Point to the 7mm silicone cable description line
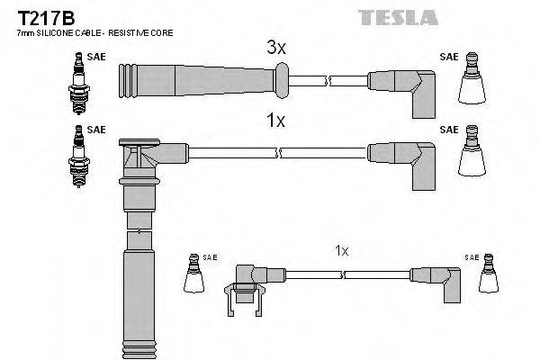(94, 32)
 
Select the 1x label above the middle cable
(276, 121)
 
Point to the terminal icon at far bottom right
(489, 275)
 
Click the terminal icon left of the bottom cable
(193, 275)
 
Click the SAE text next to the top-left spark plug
(97, 57)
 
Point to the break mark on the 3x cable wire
(330, 81)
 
